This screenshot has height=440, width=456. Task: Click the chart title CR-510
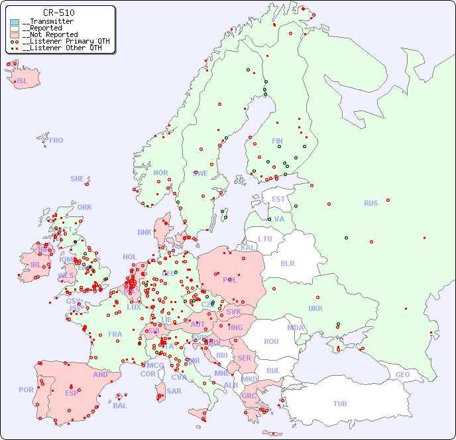click(58, 13)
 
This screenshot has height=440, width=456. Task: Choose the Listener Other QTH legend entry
click(62, 48)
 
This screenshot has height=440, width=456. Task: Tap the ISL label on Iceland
click(23, 81)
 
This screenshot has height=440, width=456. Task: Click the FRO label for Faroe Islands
click(56, 140)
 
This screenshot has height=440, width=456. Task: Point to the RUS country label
click(370, 203)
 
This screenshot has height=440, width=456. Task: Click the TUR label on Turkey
click(340, 404)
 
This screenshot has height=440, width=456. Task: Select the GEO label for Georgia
click(402, 374)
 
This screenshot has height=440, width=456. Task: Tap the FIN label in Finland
click(277, 141)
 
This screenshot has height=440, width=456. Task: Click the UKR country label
click(315, 308)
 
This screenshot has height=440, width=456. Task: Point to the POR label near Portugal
click(26, 390)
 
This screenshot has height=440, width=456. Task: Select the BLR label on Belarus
click(288, 263)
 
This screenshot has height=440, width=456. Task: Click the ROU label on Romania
click(271, 341)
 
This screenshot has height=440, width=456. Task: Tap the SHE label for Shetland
click(78, 179)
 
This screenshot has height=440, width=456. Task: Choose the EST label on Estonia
click(278, 199)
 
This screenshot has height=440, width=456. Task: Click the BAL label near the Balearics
click(120, 406)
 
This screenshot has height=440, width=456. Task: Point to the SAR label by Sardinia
click(174, 391)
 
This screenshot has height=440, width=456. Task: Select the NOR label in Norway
click(160, 173)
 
